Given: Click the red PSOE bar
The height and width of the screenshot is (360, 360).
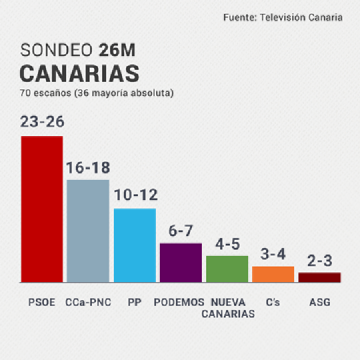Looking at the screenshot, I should (42, 209).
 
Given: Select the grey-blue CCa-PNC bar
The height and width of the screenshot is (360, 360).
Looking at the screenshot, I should (87, 230).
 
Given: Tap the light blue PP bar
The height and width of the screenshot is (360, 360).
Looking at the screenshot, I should (134, 245).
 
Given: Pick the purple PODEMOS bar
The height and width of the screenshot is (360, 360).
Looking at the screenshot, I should (180, 262).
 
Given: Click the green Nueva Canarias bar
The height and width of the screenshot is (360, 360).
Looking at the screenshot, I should (226, 269).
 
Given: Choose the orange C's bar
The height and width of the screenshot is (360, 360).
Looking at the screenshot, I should (273, 274).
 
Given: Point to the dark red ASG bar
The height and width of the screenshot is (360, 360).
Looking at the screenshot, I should (319, 277).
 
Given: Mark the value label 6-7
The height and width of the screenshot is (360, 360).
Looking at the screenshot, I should (180, 230).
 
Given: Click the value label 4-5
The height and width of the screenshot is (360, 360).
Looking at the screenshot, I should (226, 243).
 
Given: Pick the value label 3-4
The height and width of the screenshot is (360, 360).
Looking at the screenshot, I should (273, 254).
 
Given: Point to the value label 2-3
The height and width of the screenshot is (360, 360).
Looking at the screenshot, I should (319, 260).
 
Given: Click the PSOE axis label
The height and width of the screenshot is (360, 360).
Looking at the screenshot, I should (42, 302).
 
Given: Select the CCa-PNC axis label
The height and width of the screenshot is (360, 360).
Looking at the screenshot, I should (87, 302).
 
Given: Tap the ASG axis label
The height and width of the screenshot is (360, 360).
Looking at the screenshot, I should (319, 302).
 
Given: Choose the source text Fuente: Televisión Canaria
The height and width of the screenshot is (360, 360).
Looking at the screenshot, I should (282, 18).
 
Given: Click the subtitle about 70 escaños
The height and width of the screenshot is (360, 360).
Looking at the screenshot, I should (97, 94).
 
